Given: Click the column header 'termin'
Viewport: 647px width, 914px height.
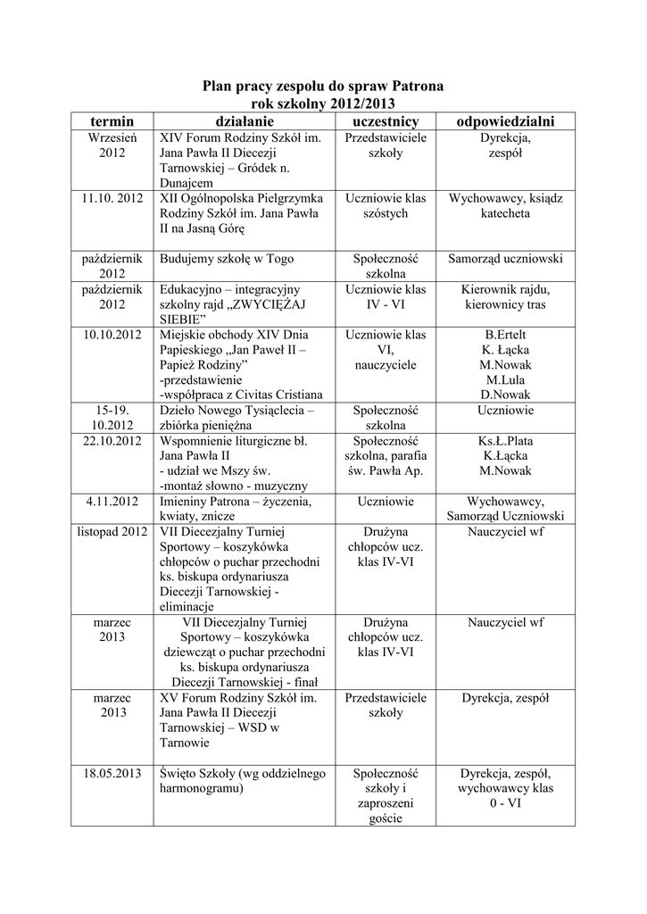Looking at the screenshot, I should (112, 120).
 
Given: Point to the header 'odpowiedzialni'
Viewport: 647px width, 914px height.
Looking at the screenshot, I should (505, 120).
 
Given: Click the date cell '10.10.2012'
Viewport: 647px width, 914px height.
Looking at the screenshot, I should (112, 334).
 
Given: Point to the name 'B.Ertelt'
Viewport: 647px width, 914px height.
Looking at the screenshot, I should (505, 334).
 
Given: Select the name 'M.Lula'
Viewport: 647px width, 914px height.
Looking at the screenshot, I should (505, 379).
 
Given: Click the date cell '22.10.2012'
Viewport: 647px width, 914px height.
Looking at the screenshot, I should (112, 440).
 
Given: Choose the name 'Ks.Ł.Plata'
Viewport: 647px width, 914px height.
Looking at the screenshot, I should (505, 440).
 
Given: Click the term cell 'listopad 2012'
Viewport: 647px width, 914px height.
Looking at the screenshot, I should (112, 532).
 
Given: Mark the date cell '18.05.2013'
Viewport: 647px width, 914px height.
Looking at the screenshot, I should (112, 773).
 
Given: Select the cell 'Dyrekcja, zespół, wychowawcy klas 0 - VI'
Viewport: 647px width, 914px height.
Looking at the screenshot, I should (505, 788).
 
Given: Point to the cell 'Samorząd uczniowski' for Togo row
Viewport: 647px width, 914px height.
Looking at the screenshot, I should (505, 259).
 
